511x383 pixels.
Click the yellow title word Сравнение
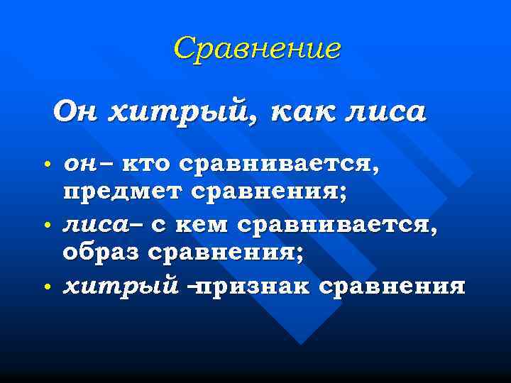[256, 48]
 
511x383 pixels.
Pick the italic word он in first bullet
[79, 165]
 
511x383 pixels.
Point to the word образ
[103, 253]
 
